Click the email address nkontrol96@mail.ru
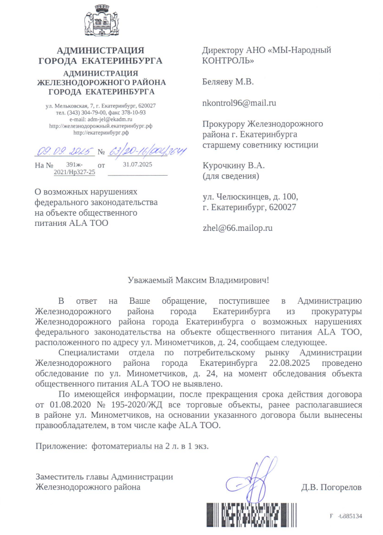239,103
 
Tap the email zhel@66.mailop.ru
237,228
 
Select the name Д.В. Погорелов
331,487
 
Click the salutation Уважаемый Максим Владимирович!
198,280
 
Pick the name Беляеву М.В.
227,82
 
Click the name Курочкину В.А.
233,165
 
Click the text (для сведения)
231,176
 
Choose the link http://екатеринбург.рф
100,132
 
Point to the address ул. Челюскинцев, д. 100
250,197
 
